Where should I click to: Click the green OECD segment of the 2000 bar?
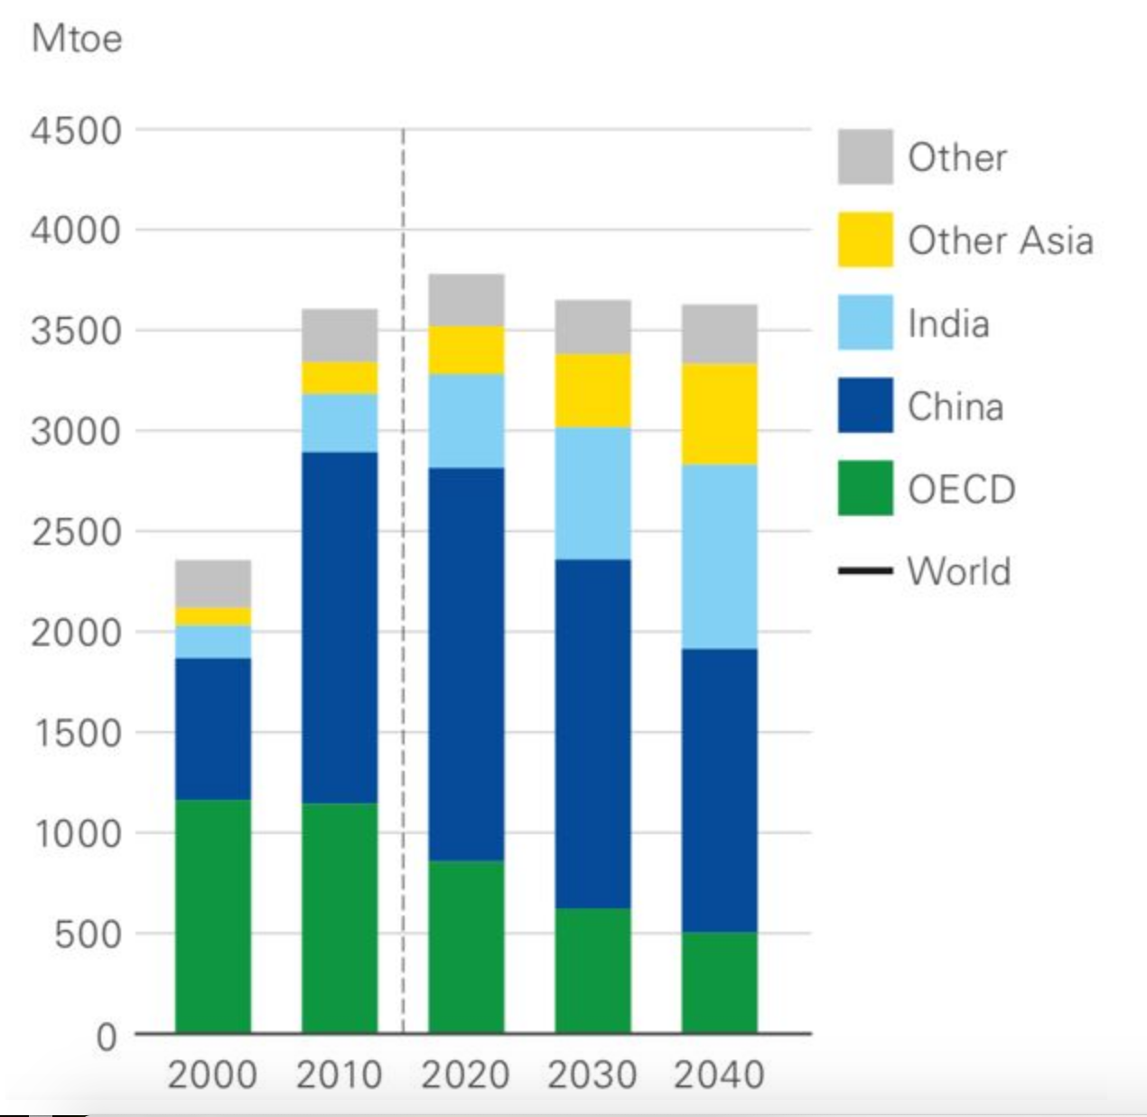click(213, 915)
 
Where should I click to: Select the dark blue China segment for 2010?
click(340, 627)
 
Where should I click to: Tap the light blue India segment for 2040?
click(719, 557)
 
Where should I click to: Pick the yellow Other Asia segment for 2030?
click(592, 390)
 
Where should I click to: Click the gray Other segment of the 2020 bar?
click(466, 300)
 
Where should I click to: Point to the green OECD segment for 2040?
click(719, 981)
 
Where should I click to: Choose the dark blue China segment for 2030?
click(592, 733)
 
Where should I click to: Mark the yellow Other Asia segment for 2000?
click(213, 616)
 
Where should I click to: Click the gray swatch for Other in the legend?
click(864, 157)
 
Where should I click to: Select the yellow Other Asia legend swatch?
click(864, 240)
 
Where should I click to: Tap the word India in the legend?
click(948, 324)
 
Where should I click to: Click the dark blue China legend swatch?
click(864, 406)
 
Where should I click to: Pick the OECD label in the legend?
click(961, 489)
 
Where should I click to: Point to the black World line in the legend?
click(864, 571)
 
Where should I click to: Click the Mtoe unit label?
click(77, 39)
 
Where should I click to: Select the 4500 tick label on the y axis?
click(76, 131)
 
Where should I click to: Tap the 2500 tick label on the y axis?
click(76, 532)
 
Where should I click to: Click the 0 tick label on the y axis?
click(107, 1036)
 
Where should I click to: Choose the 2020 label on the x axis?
click(466, 1075)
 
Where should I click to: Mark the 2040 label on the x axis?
click(719, 1075)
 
